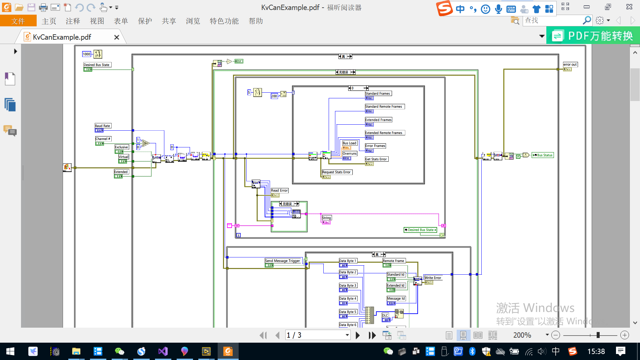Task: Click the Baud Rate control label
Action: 103,126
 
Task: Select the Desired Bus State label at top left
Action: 97,65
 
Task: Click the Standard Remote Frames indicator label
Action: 384,106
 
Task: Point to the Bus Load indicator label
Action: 349,143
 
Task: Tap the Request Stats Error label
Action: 336,172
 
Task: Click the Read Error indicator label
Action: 279,190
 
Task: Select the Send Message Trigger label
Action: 283,261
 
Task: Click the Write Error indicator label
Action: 433,278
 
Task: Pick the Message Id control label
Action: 396,298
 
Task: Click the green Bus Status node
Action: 543,155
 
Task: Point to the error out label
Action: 570,64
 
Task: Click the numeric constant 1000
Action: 86,54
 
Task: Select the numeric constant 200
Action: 274,96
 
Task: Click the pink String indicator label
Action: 326,218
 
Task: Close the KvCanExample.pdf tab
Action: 117,37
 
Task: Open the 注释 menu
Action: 73,21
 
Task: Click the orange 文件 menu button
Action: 18,21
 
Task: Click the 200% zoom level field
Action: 522,335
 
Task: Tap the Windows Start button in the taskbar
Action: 10,351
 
